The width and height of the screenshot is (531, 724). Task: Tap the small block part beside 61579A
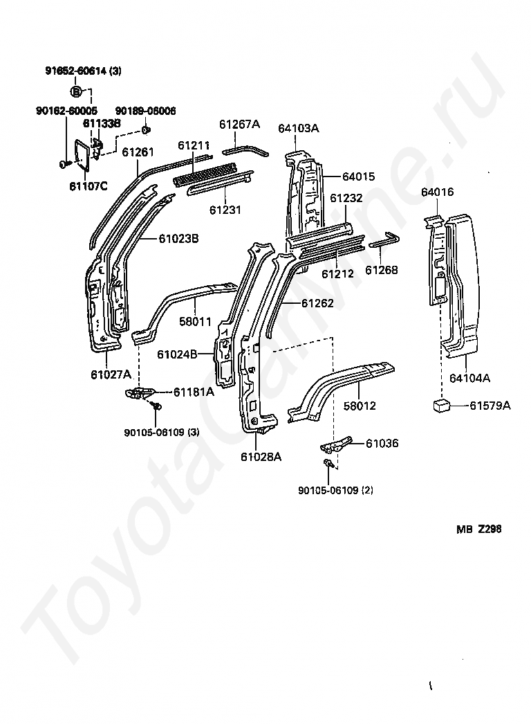441,405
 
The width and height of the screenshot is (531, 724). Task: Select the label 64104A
469,378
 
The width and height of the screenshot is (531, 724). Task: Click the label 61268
382,270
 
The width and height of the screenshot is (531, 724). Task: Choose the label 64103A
299,128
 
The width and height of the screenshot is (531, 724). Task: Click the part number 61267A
239,124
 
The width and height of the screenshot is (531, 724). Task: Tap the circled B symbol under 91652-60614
77,91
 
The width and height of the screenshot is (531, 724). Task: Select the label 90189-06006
145,111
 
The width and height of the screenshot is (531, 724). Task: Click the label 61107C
88,185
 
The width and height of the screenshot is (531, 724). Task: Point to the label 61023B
178,239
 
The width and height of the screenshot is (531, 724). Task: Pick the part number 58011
196,322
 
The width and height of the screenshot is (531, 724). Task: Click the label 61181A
194,392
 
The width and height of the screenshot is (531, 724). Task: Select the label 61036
382,443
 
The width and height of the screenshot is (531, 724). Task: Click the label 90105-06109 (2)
335,490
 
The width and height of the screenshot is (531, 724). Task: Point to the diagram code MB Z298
478,530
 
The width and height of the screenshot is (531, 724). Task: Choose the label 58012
360,406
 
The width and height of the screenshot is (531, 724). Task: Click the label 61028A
261,456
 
